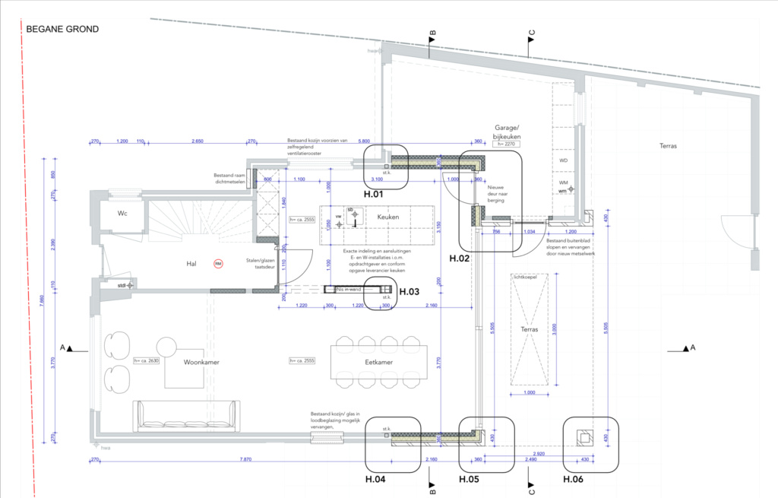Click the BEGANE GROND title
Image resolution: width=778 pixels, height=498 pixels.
(x=62, y=30)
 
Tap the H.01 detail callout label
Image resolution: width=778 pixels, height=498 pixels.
(x=374, y=195)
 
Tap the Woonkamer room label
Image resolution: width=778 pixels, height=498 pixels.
(x=201, y=363)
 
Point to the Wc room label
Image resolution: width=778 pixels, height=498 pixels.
(x=122, y=214)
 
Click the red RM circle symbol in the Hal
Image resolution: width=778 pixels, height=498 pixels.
(x=218, y=264)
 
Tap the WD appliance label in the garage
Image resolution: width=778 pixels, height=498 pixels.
(x=563, y=161)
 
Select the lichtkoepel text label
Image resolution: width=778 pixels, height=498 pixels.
(x=524, y=278)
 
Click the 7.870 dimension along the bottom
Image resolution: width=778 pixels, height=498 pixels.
(x=245, y=460)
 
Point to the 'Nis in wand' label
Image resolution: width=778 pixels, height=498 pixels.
(x=349, y=289)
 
